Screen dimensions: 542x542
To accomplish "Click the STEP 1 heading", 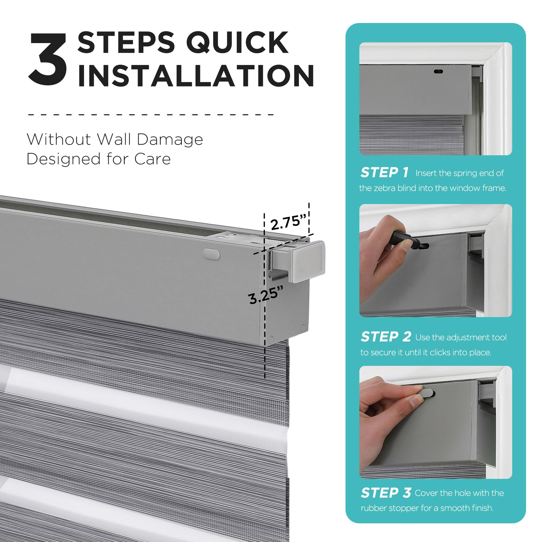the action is coord(384,173).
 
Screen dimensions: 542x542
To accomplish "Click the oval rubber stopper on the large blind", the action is coord(212,253).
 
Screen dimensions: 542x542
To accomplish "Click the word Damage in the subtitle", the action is coord(170,139).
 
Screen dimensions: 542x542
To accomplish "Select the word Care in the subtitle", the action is coord(153,159).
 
